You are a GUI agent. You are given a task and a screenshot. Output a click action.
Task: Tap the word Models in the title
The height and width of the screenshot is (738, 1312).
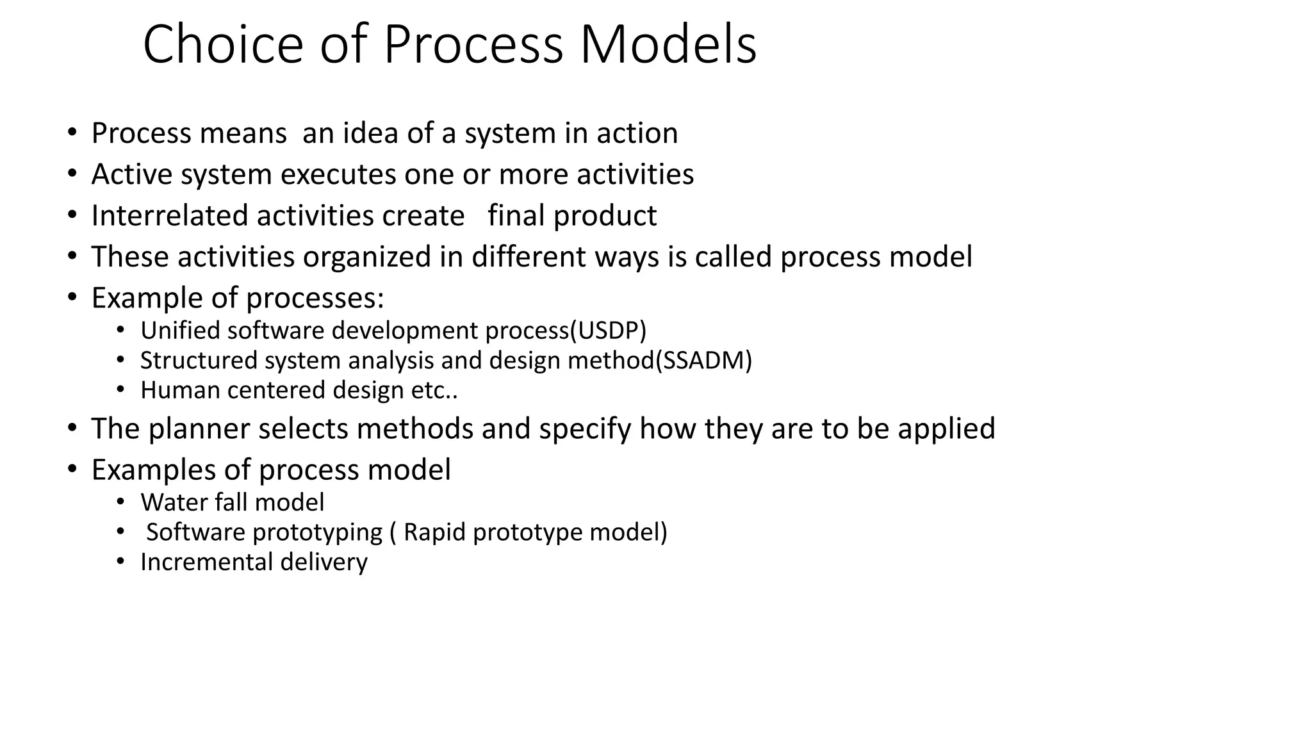[x=668, y=45]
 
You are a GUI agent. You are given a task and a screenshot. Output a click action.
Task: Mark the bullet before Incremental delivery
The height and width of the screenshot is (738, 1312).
[x=121, y=562]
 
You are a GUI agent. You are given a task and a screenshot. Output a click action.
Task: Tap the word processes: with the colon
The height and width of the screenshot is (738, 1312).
[x=315, y=299]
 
